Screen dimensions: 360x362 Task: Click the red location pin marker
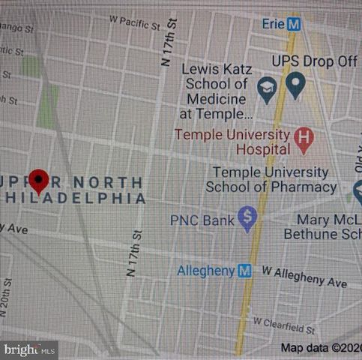(x=39, y=181)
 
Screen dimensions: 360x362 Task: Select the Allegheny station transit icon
(x=244, y=271)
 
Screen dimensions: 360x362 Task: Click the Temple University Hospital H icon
(x=303, y=138)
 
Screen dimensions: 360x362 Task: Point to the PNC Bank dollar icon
(x=247, y=219)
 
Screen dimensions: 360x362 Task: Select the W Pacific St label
(x=135, y=16)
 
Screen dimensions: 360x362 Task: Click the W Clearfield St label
(x=284, y=324)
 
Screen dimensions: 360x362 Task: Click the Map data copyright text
(x=320, y=347)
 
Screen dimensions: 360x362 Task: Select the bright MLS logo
(x=28, y=349)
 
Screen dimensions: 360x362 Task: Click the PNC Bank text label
(x=202, y=220)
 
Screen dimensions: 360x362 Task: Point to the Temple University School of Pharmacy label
(x=271, y=180)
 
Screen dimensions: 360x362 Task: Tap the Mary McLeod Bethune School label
(x=322, y=227)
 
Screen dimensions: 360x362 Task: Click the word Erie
(x=272, y=24)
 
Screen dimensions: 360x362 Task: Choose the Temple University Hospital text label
(x=232, y=142)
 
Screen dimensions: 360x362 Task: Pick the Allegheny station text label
(x=205, y=271)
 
